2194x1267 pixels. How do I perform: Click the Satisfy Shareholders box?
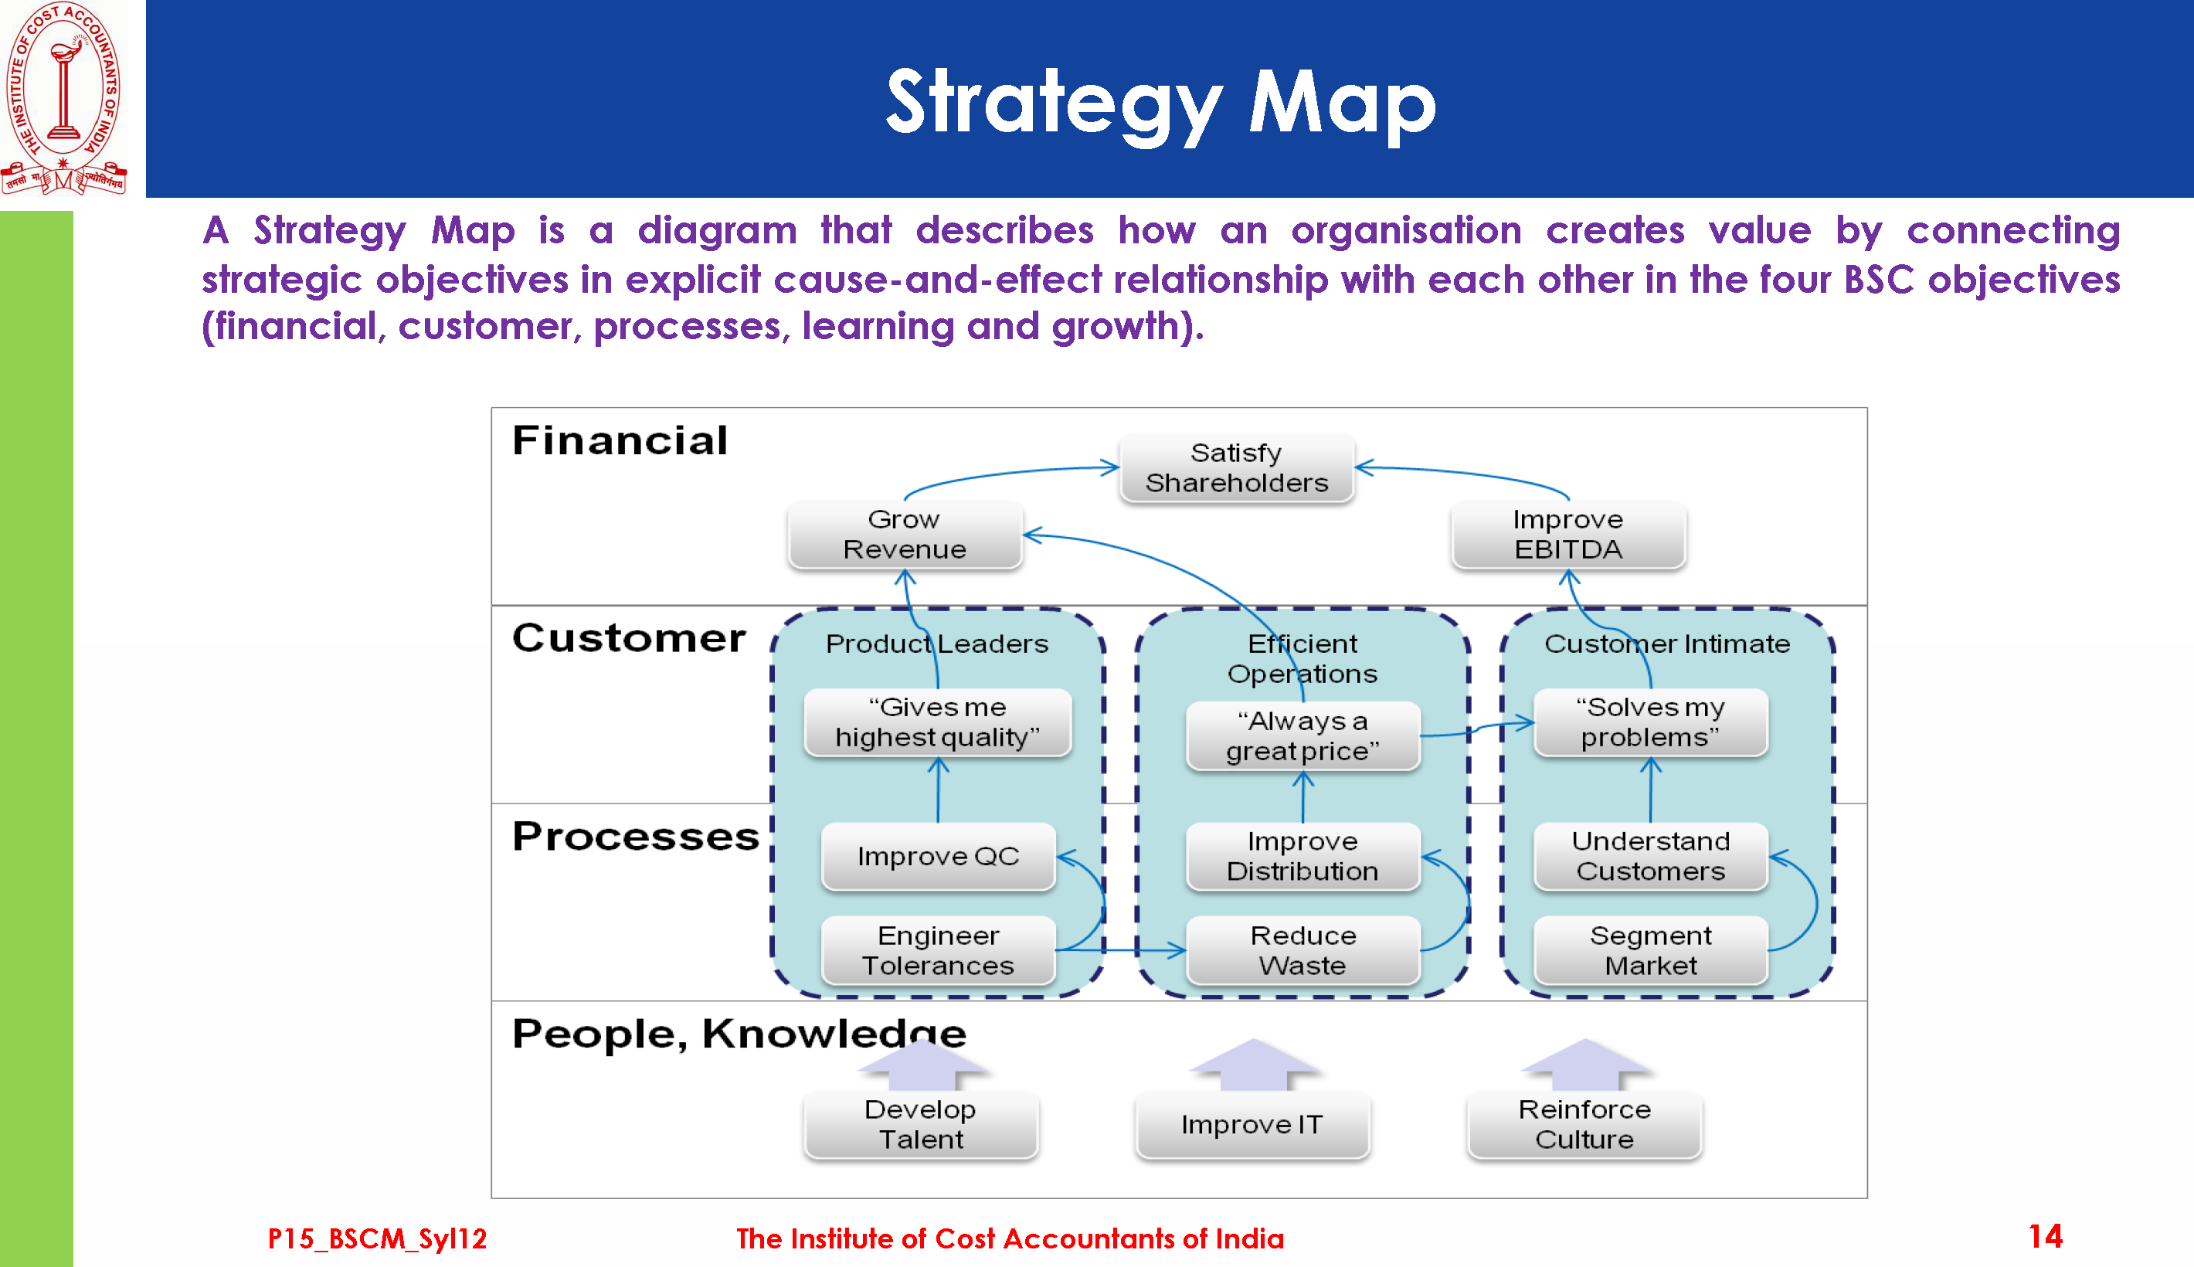1236,468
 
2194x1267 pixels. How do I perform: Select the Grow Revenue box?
905,535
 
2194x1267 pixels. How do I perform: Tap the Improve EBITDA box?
1568,535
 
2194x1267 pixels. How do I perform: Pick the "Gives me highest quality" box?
938,722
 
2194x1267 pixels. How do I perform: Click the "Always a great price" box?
1303,736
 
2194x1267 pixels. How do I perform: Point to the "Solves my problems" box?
1650,722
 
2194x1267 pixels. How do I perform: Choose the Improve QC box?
939,856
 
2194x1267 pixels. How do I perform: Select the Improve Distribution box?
1303,856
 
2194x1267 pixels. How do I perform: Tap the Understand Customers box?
1650,856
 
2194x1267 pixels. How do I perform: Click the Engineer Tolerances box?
939,950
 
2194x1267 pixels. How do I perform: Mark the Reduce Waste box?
1303,950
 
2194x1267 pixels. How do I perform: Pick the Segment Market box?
1650,950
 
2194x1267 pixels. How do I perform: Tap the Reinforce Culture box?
1584,1124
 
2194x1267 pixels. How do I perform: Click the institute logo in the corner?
63,98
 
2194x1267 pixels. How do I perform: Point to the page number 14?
2044,1237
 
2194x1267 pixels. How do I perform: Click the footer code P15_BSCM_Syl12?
377,1238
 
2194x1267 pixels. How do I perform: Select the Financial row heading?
620,440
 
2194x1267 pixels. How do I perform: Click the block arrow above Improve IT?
1254,1065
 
